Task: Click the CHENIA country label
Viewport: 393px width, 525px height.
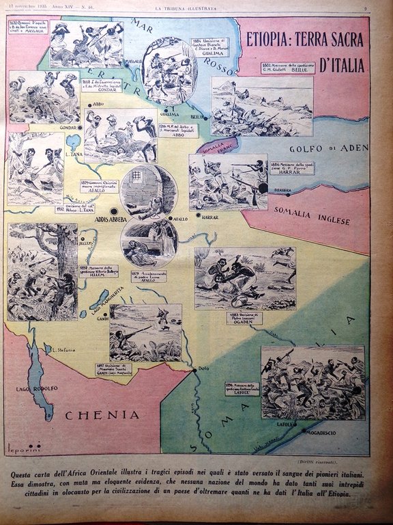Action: (102, 414)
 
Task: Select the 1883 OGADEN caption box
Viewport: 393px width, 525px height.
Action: (244, 318)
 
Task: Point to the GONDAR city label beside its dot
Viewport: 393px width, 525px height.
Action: (67, 128)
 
